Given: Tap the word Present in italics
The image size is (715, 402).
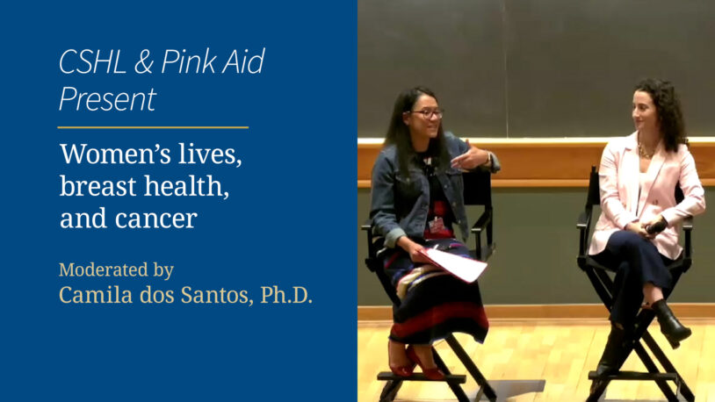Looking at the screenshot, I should [107, 99].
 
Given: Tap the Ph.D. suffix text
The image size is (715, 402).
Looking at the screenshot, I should [286, 296].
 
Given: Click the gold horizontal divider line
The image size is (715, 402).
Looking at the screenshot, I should [153, 128].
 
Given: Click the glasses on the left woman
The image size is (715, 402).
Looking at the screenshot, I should [427, 113].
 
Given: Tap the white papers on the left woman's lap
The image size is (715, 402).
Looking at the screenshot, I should [455, 262].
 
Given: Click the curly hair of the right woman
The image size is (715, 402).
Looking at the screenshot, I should [668, 110].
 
